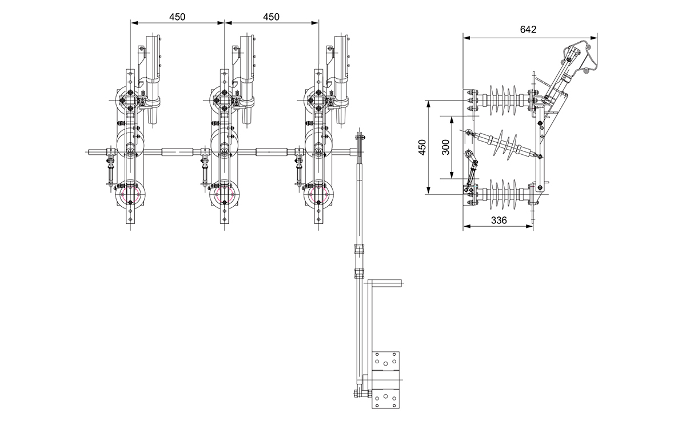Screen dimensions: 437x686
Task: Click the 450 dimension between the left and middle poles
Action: (x=177, y=17)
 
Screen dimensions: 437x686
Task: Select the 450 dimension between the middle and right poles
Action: (x=272, y=17)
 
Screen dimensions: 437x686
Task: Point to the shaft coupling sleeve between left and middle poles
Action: (x=177, y=152)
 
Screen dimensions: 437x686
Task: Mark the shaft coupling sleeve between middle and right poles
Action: (x=272, y=152)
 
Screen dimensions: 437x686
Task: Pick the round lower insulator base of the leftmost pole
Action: (x=130, y=194)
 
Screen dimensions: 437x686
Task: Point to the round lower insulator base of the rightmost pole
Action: (x=318, y=194)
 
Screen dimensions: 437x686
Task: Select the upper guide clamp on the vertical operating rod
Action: (x=360, y=250)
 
